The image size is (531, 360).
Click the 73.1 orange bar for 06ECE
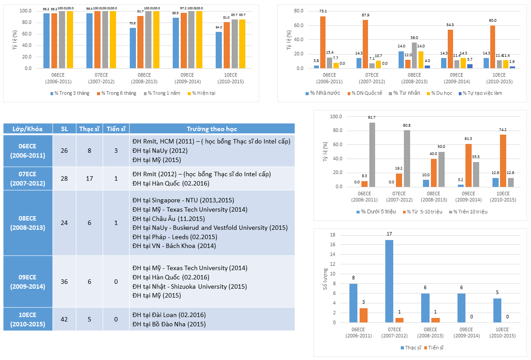[x=323, y=43]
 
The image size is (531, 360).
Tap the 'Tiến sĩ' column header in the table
[x=116, y=129]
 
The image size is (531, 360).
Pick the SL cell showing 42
[x=64, y=319]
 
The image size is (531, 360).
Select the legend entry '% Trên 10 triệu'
[x=471, y=212]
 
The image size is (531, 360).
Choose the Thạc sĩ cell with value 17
[x=89, y=178]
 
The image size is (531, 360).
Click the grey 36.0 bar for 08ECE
[x=415, y=55]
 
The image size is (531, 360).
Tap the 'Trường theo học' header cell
[x=212, y=129]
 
